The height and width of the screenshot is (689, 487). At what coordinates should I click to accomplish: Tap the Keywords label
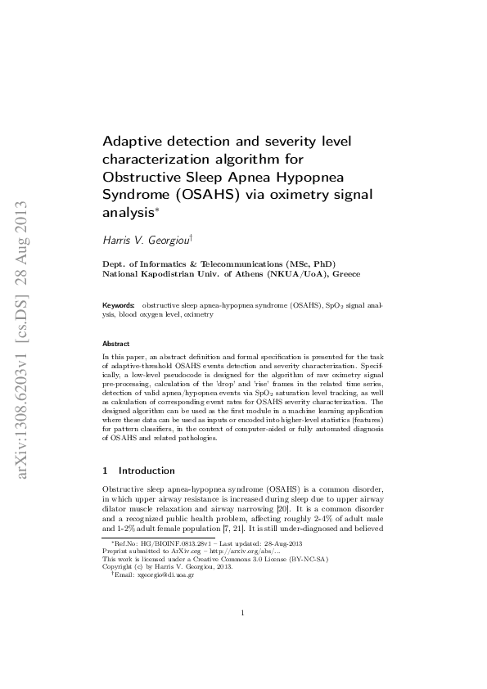point(117,304)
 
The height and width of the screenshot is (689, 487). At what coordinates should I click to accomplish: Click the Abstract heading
point(115,344)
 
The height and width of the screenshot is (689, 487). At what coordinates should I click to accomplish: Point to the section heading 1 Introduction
point(138,471)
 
